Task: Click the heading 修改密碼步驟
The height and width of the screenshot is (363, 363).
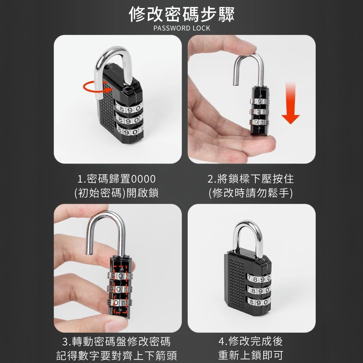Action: point(182,15)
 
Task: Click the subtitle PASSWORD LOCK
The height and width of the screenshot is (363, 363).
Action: point(182,28)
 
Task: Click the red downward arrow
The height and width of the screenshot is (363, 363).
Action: point(290,103)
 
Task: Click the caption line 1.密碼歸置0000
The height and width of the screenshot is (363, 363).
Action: point(116,179)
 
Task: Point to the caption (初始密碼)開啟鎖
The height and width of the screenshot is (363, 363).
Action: point(116,193)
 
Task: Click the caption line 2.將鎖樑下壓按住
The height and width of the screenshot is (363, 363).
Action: point(250,179)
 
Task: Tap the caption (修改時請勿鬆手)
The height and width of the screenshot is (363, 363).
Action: point(250,193)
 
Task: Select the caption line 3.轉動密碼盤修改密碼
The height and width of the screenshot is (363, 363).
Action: point(116,342)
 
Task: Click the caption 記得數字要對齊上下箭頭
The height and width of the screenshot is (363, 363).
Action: point(117,356)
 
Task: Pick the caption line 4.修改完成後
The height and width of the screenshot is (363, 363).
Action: point(250,342)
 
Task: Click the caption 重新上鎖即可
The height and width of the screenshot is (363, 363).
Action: point(250,356)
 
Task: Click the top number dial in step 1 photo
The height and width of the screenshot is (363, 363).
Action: point(129,108)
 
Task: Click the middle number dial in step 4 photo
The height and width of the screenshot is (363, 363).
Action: point(258,290)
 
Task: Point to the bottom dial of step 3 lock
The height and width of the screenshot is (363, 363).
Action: point(119,302)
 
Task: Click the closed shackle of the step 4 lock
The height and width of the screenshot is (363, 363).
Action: point(248,238)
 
